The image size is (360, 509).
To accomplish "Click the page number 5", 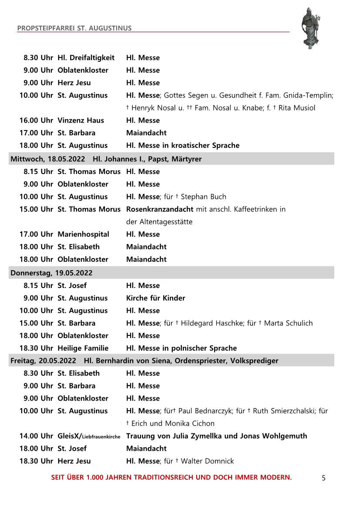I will coord(323,478).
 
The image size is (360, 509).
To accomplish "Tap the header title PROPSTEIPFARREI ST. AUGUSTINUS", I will coord(74,28).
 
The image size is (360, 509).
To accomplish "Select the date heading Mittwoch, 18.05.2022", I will coord(48,159).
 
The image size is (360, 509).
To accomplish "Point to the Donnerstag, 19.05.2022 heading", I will coord(51,273).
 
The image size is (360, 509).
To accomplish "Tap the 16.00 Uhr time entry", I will coord(36,120).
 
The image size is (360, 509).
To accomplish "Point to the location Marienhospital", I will coord(84,234).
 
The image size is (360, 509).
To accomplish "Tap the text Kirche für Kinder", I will coord(155,298).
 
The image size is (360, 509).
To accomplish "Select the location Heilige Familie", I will coord(83,348).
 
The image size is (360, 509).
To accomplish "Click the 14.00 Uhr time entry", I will coord(36,436).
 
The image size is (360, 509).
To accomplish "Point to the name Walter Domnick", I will coord(207,461).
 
